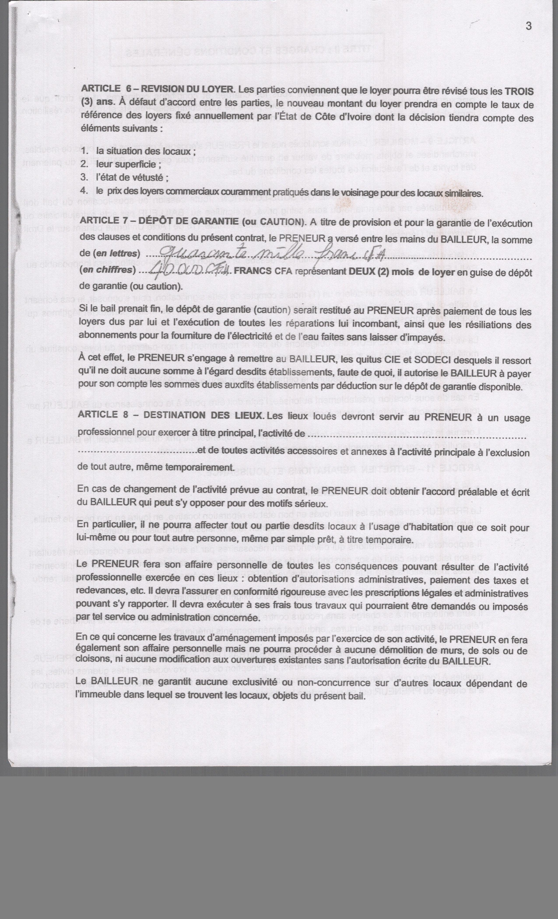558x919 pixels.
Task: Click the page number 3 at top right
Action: tap(528, 26)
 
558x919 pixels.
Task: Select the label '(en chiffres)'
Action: tap(107, 270)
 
